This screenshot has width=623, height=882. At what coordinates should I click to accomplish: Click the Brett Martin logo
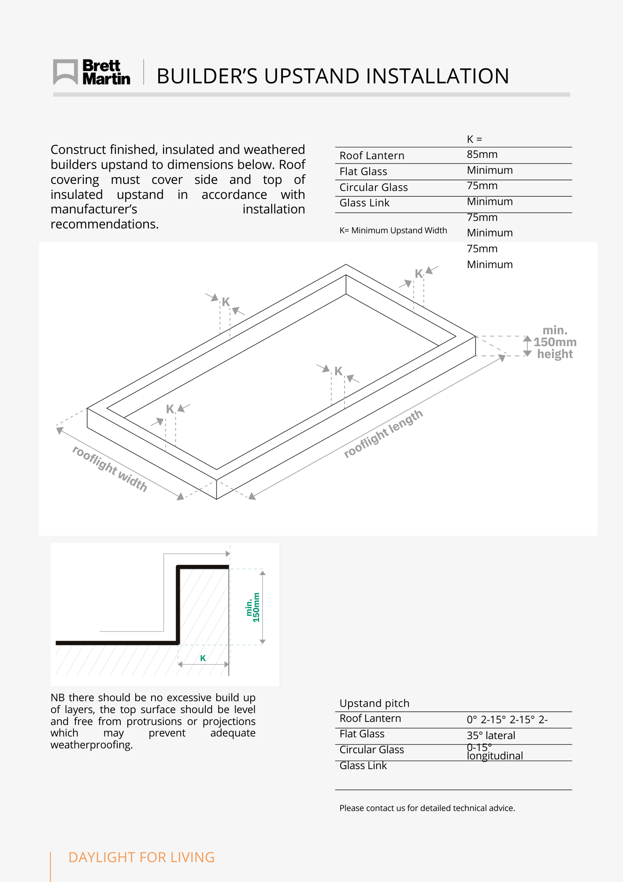click(x=92, y=72)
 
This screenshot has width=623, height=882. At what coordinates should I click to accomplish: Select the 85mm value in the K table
click(x=482, y=154)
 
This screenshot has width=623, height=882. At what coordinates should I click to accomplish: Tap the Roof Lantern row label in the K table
click(x=371, y=156)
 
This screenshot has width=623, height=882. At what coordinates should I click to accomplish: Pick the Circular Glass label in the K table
click(x=373, y=187)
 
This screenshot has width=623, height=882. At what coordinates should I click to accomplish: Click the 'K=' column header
click(x=474, y=139)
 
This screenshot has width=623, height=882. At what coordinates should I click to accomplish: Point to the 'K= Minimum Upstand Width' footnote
click(x=393, y=230)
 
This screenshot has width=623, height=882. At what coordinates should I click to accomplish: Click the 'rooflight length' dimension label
click(x=383, y=434)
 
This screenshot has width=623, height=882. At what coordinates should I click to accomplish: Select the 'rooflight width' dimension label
click(x=110, y=468)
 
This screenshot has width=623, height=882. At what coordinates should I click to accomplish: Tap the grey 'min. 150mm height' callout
click(x=555, y=342)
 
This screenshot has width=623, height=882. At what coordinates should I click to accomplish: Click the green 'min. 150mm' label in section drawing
click(x=253, y=607)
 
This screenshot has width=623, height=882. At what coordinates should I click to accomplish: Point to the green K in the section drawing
click(x=203, y=658)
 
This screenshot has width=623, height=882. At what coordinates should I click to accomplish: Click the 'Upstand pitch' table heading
click(x=374, y=703)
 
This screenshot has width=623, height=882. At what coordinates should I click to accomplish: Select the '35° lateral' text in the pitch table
click(x=490, y=735)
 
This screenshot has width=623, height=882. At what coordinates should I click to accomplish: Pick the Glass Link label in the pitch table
click(x=363, y=766)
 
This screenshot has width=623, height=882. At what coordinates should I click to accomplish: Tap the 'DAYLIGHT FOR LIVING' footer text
click(x=141, y=857)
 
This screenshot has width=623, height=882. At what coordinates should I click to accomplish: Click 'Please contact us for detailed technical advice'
click(x=426, y=808)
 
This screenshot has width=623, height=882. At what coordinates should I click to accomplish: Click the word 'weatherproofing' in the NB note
click(x=91, y=745)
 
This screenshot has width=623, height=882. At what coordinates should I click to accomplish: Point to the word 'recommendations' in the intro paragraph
click(x=104, y=224)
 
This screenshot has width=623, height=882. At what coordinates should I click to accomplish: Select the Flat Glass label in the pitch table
click(x=362, y=734)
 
